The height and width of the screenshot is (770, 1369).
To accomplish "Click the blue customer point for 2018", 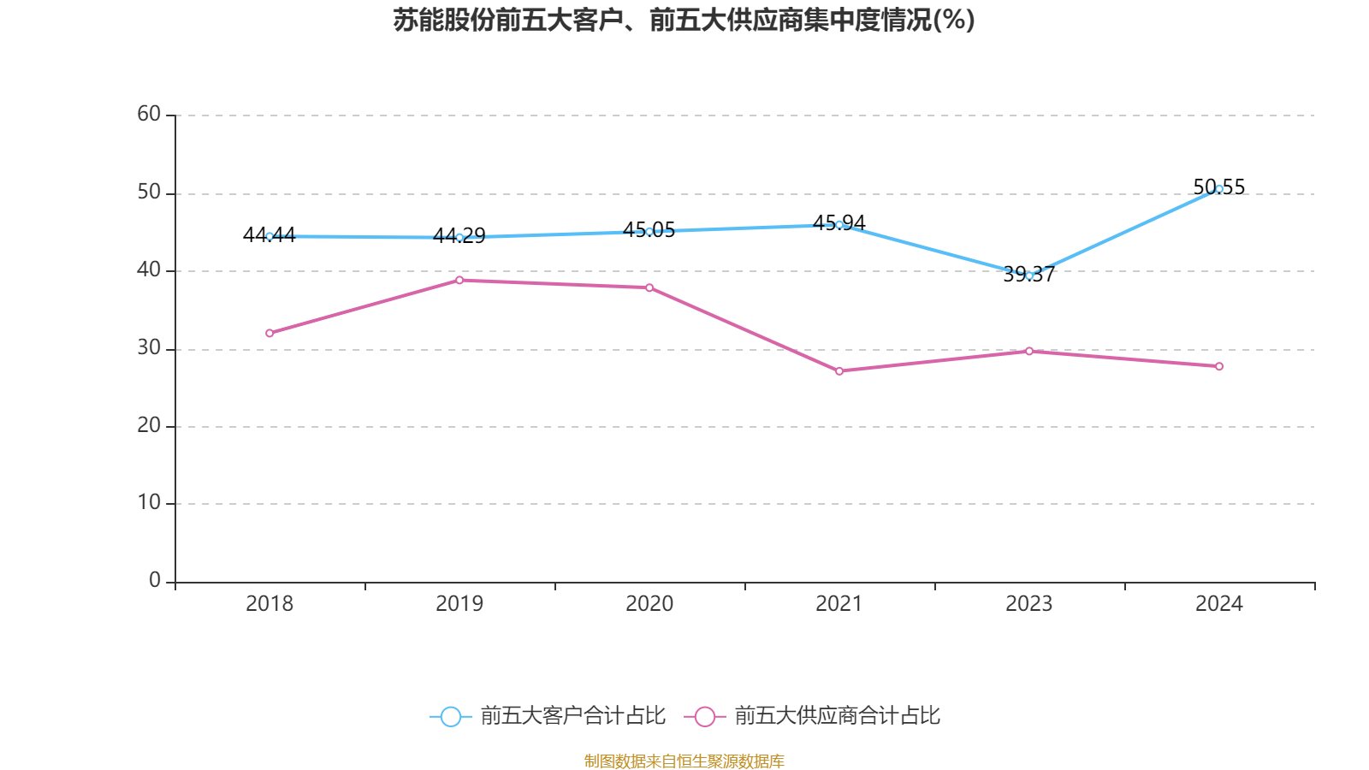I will [270, 236].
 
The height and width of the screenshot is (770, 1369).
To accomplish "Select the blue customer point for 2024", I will [1219, 189].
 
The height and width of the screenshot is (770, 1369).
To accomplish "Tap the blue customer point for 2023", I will [1029, 275].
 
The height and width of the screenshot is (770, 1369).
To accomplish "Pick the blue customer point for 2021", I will [839, 225].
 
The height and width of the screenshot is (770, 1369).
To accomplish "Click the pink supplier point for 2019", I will [459, 280].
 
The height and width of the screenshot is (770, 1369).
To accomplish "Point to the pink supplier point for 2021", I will [839, 371].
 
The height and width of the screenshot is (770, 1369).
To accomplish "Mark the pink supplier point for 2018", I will [270, 333].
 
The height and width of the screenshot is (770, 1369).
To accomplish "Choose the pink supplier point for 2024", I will [1219, 366].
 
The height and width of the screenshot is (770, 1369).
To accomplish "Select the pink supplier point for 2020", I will [649, 287].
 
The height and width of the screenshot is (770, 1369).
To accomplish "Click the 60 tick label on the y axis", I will [149, 114].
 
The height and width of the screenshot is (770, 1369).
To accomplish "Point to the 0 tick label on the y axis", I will [155, 580].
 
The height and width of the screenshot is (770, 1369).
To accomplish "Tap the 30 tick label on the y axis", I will [149, 347].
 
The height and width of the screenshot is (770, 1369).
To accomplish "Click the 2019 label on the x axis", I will [459, 604].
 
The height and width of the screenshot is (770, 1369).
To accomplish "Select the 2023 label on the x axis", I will [1029, 604].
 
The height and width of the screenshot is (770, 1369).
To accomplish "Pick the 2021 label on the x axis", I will [839, 604].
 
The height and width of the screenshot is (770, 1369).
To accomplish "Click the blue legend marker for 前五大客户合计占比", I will [451, 716].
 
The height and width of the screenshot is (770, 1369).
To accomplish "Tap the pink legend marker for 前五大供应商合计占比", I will [705, 716].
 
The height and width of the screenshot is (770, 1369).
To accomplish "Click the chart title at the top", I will [684, 20].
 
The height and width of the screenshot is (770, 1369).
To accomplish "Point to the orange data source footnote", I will [684, 761].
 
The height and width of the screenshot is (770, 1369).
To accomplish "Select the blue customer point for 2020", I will [649, 232].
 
